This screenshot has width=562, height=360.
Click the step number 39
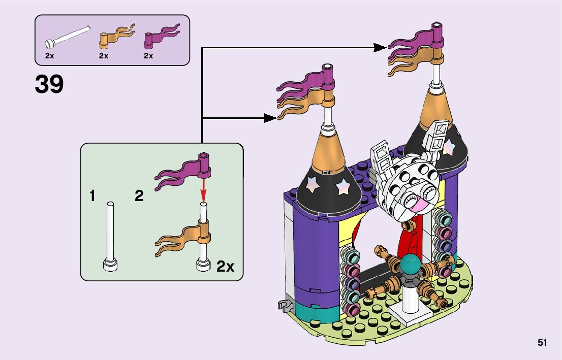[x=49, y=85]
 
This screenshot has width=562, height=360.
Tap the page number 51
[x=542, y=343]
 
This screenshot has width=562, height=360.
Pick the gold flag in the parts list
[x=116, y=36]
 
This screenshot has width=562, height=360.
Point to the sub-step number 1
[x=92, y=196]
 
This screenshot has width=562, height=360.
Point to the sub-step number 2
[x=139, y=196]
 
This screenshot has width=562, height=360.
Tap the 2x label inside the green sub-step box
[x=225, y=267]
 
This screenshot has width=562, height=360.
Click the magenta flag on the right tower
[x=414, y=40]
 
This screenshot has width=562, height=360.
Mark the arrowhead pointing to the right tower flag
[x=381, y=47]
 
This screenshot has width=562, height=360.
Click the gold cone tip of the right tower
[x=436, y=107]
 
